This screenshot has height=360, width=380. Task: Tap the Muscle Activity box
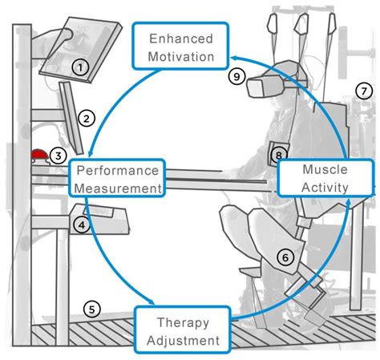tap(314, 178)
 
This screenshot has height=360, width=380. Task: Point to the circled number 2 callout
tap(88, 119)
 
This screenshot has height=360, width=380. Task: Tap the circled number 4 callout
tap(80, 225)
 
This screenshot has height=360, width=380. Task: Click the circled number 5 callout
tap(92, 307)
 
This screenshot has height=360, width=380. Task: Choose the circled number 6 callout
tap(286, 257)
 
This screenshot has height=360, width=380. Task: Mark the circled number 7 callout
tap(363, 91)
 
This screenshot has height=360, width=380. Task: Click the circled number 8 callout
tap(278, 154)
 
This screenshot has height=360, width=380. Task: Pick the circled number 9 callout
tap(235, 77)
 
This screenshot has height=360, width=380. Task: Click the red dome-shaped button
tap(40, 154)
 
